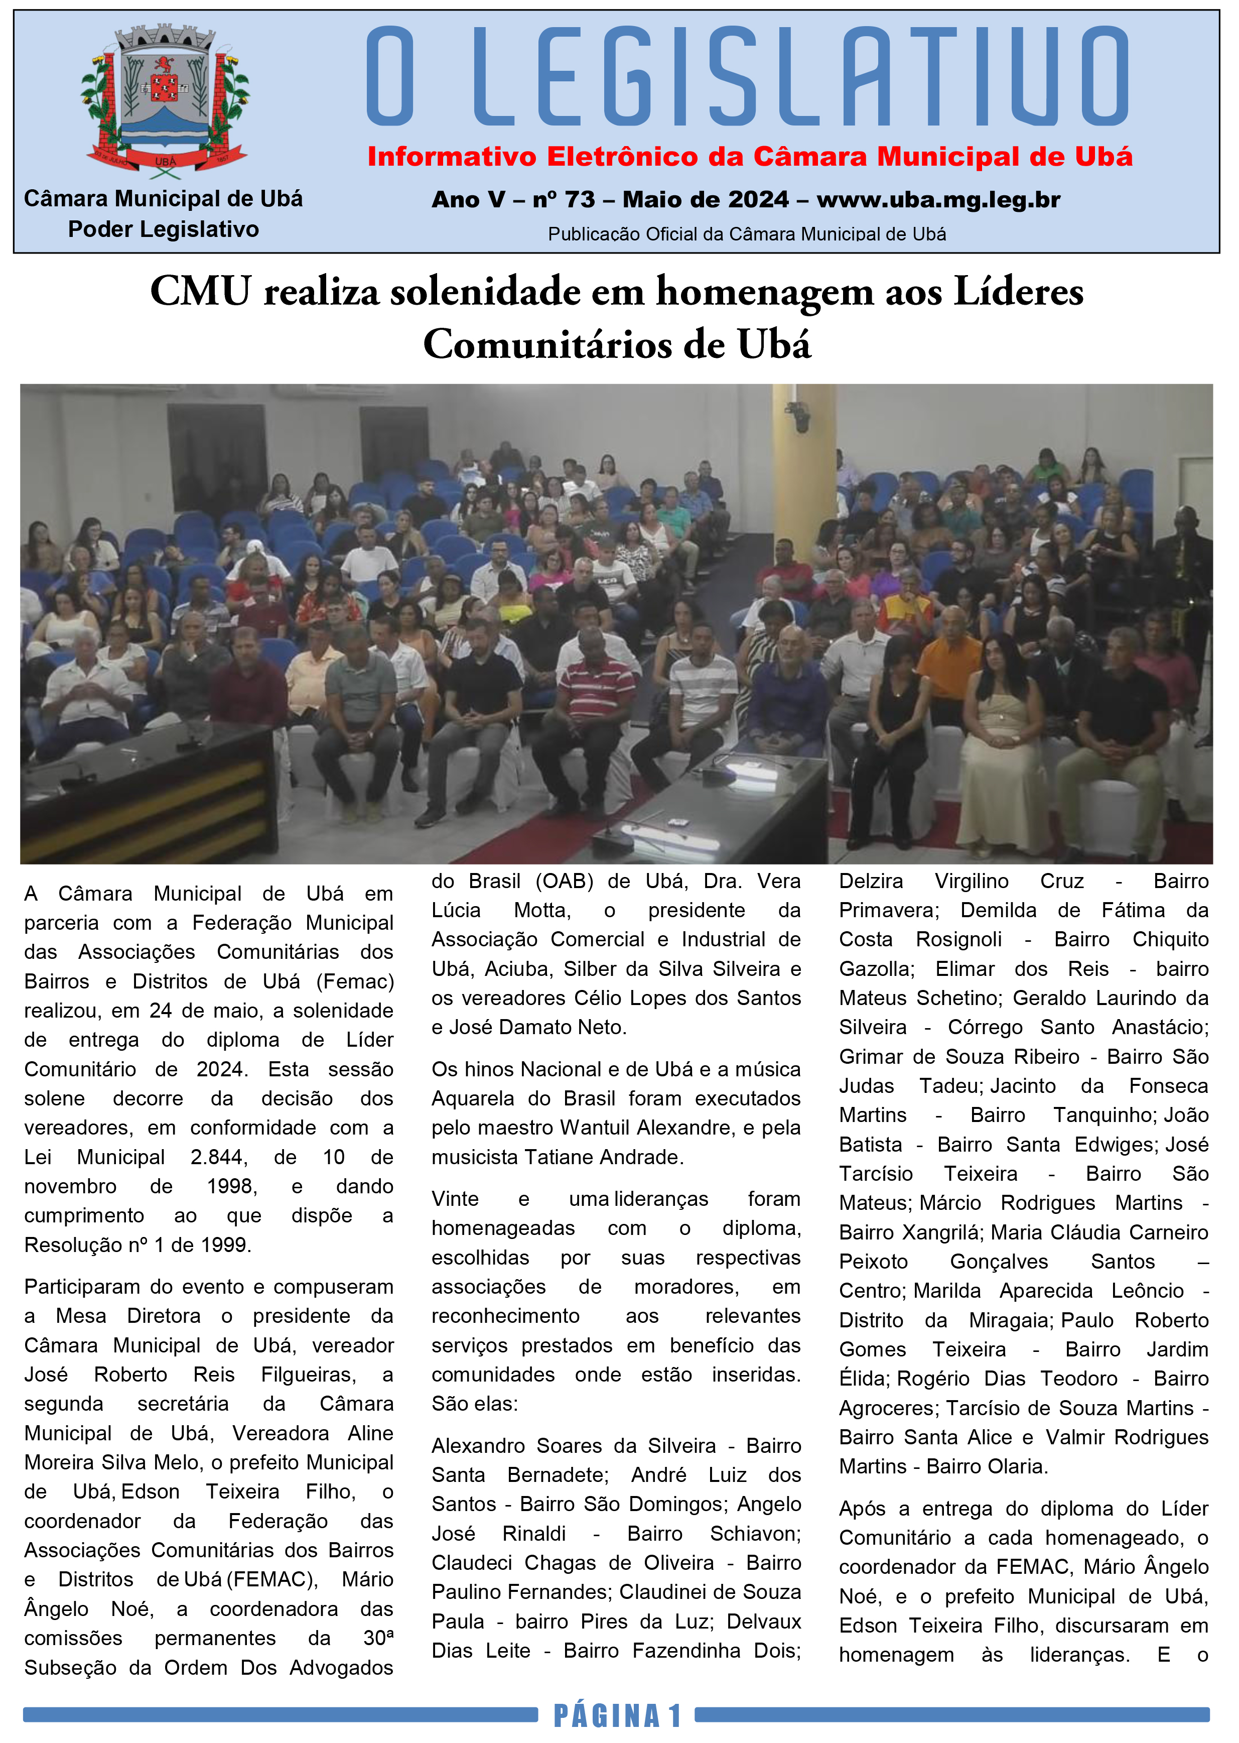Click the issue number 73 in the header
[x=580, y=200]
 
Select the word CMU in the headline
[x=200, y=292]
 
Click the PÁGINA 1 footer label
[x=616, y=1715]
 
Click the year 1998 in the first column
[x=232, y=1187]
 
